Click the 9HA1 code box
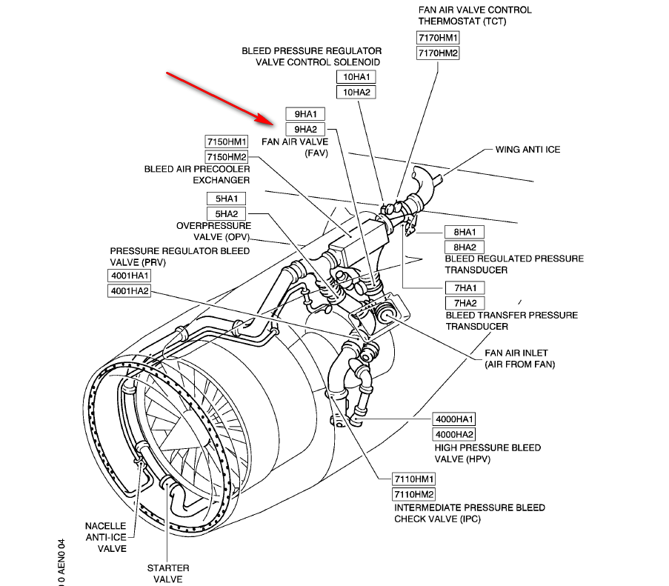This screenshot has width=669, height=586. point(305,114)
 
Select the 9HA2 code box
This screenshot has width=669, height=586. point(305,130)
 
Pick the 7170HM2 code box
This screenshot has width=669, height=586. point(439,53)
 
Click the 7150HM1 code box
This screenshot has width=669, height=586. point(227,141)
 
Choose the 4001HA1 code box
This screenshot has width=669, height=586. point(130,276)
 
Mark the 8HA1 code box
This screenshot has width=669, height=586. point(465,231)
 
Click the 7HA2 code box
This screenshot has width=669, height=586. point(465,303)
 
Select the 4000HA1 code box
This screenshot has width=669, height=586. point(455,419)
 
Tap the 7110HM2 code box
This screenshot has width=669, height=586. point(414,494)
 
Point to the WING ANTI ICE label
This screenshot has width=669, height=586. point(527,150)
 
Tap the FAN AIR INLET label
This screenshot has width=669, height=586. point(519,359)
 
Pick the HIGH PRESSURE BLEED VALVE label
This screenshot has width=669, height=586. point(487,453)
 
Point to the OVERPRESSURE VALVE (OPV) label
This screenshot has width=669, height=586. point(213,231)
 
